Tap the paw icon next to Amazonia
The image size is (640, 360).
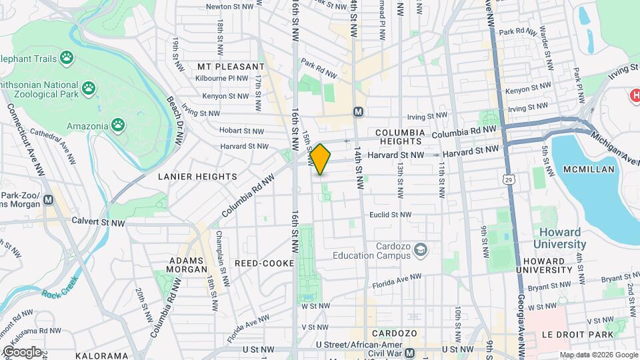(x=118, y=125)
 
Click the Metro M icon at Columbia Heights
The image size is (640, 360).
(x=359, y=112)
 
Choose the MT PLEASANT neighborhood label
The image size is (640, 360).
(x=231, y=67)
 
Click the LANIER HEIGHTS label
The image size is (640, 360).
(x=197, y=177)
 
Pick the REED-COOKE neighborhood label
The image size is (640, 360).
(x=264, y=263)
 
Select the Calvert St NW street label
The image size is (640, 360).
(x=81, y=221)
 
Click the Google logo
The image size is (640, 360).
(x=21, y=351)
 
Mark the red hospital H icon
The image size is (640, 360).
(x=635, y=96)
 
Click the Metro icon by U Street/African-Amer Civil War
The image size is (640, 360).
(x=409, y=353)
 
